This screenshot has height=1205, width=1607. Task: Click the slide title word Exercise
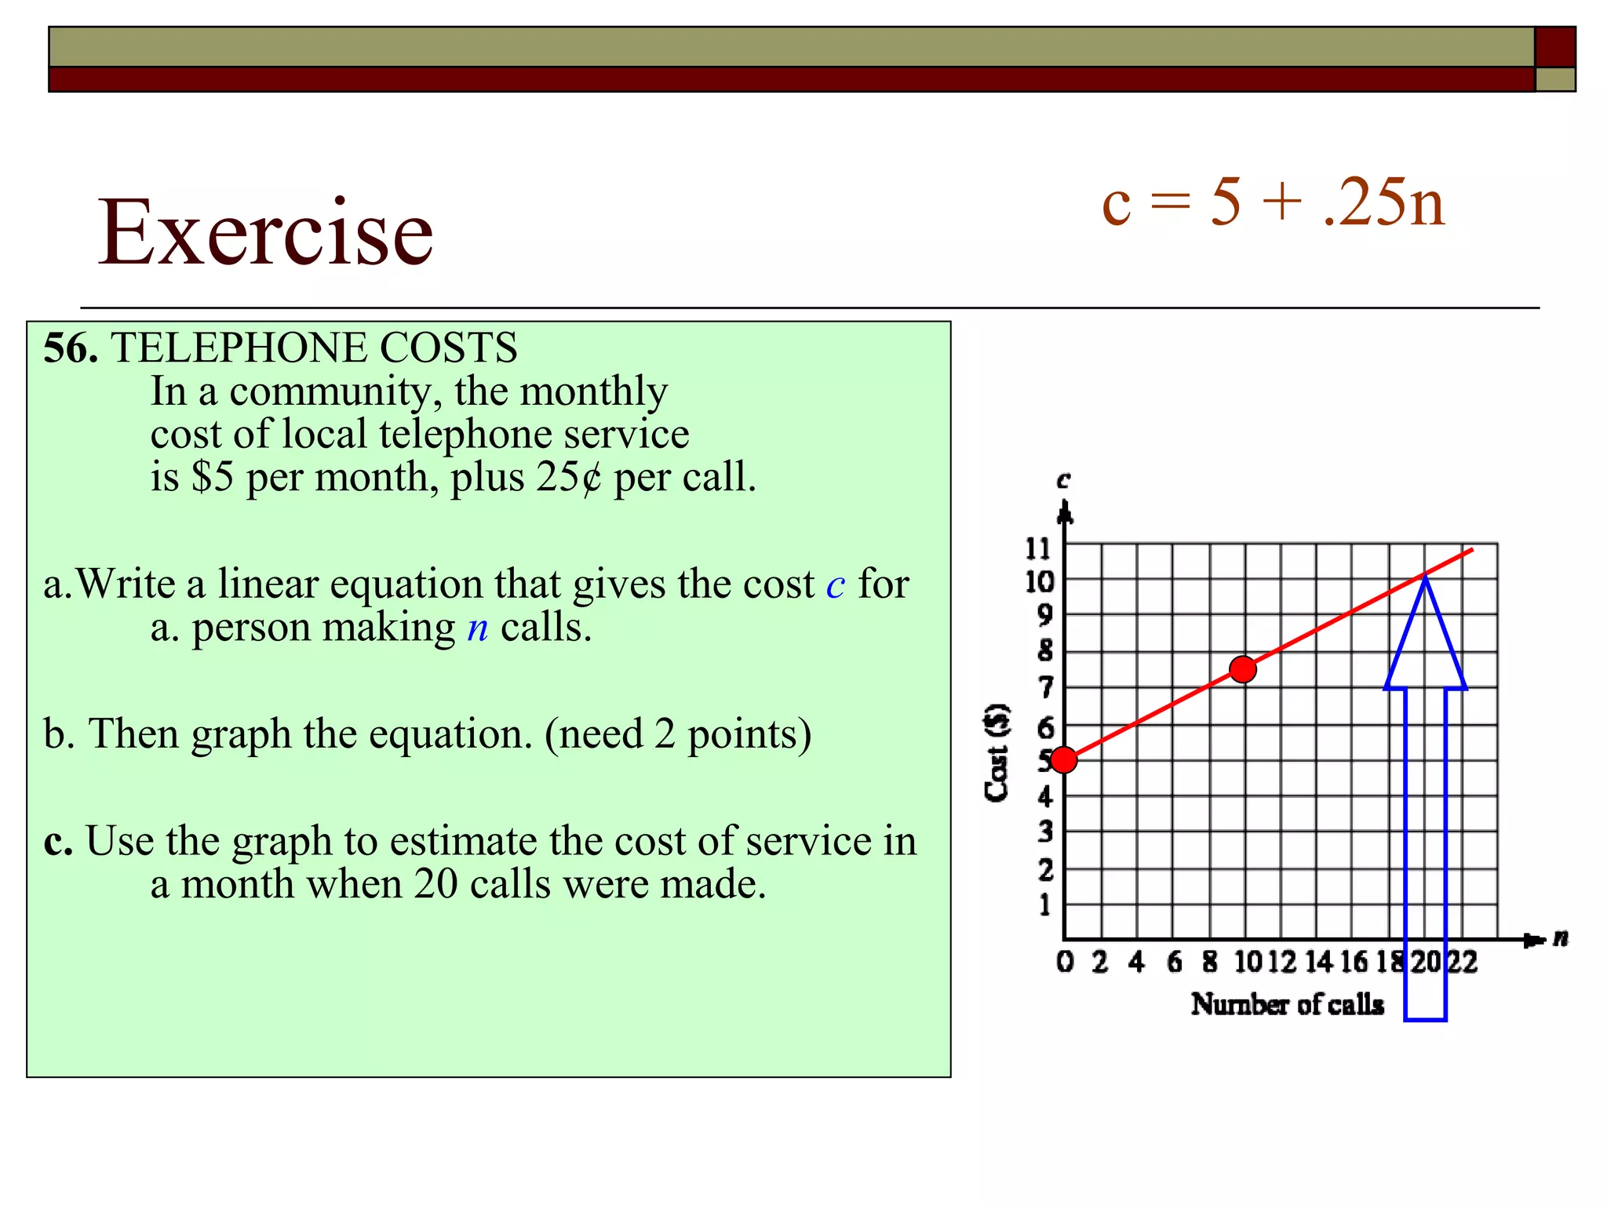(265, 232)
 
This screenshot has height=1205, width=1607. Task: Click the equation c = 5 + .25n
(1273, 202)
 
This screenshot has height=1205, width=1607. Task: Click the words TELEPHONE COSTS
(314, 348)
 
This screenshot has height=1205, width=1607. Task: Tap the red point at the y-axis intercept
(1064, 759)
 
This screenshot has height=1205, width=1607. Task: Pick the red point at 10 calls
(1243, 669)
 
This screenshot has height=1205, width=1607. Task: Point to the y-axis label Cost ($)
(997, 752)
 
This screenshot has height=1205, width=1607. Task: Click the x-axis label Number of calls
(1287, 1004)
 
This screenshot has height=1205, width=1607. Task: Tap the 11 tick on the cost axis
(1038, 548)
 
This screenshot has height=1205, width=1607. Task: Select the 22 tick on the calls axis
(1462, 962)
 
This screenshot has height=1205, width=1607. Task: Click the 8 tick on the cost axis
(1044, 650)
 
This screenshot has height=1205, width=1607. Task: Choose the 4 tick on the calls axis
(1136, 962)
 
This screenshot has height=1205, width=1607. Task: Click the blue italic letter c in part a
(836, 585)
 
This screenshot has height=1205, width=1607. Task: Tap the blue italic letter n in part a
(477, 628)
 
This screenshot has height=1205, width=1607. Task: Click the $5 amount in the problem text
(213, 477)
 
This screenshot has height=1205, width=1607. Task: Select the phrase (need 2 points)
(678, 734)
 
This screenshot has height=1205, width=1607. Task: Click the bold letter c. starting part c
(58, 841)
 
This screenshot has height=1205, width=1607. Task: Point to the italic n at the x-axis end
(1561, 937)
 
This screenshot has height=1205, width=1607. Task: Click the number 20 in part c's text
(435, 884)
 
